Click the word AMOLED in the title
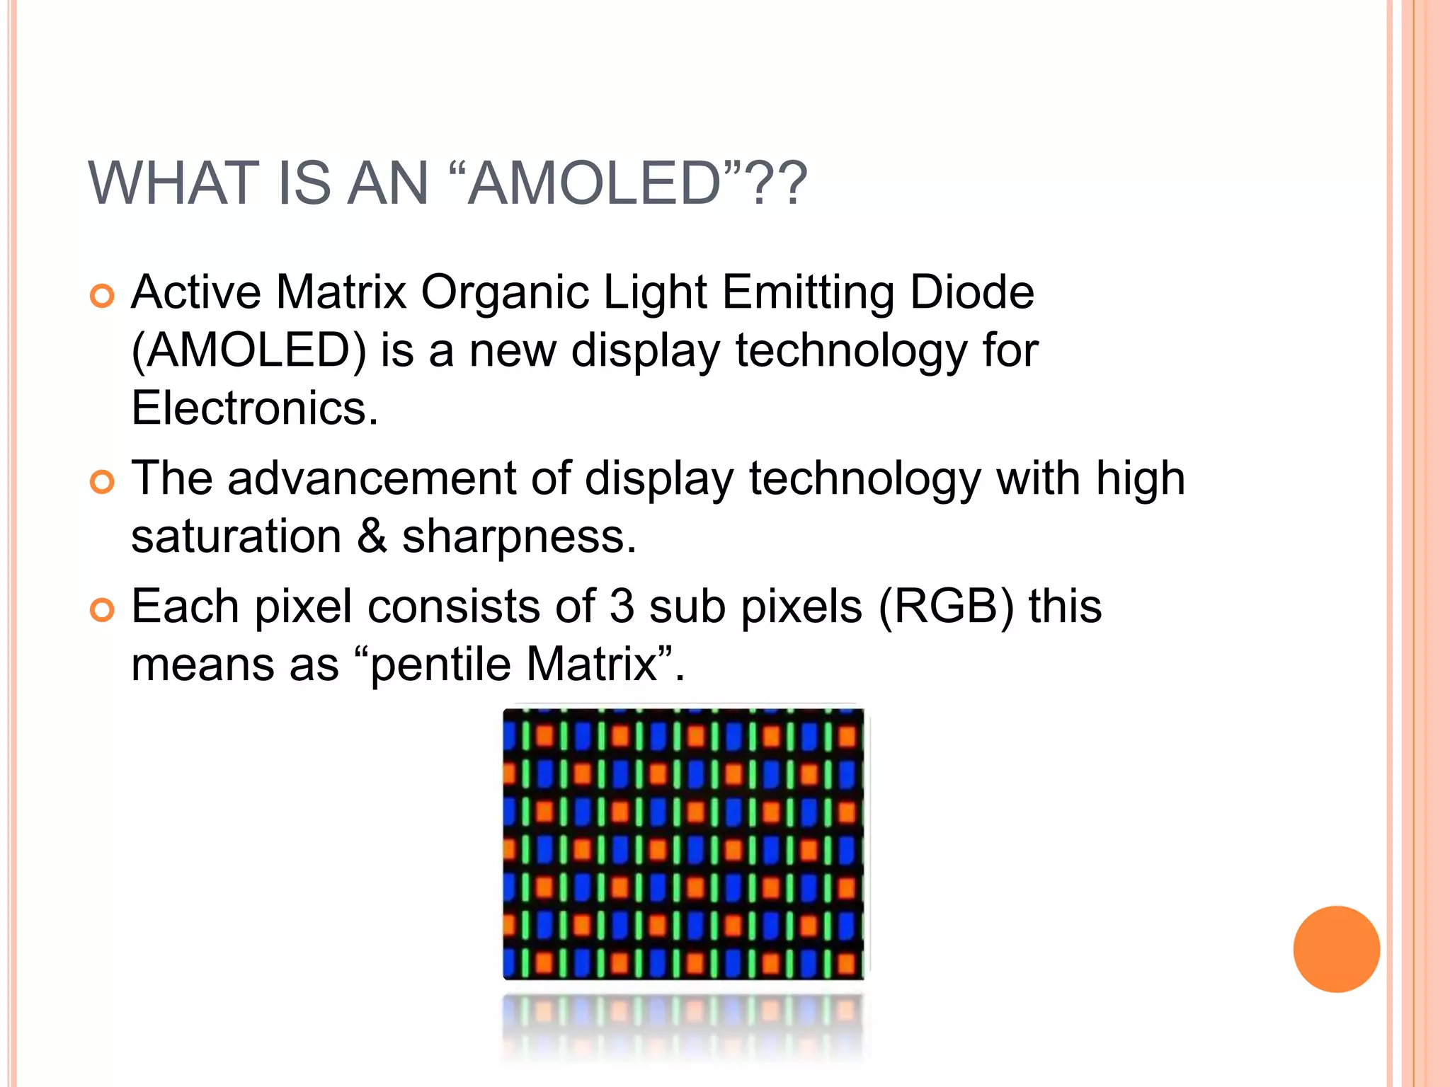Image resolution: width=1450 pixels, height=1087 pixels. pyautogui.click(x=595, y=183)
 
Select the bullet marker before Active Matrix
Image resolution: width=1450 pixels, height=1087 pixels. pyautogui.click(x=102, y=296)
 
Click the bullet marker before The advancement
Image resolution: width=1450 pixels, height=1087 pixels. pyautogui.click(x=102, y=482)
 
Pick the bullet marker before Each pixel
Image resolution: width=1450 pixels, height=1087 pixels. pyautogui.click(x=102, y=610)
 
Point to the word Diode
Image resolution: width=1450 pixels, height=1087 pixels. pyautogui.click(x=971, y=292)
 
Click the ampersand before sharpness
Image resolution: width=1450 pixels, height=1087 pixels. pyautogui.click(x=372, y=536)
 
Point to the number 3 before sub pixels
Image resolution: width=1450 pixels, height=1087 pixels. pyautogui.click(x=622, y=606)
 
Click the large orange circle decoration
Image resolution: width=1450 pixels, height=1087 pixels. pyautogui.click(x=1336, y=949)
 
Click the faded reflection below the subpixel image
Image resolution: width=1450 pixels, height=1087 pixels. pyautogui.click(x=683, y=1026)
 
